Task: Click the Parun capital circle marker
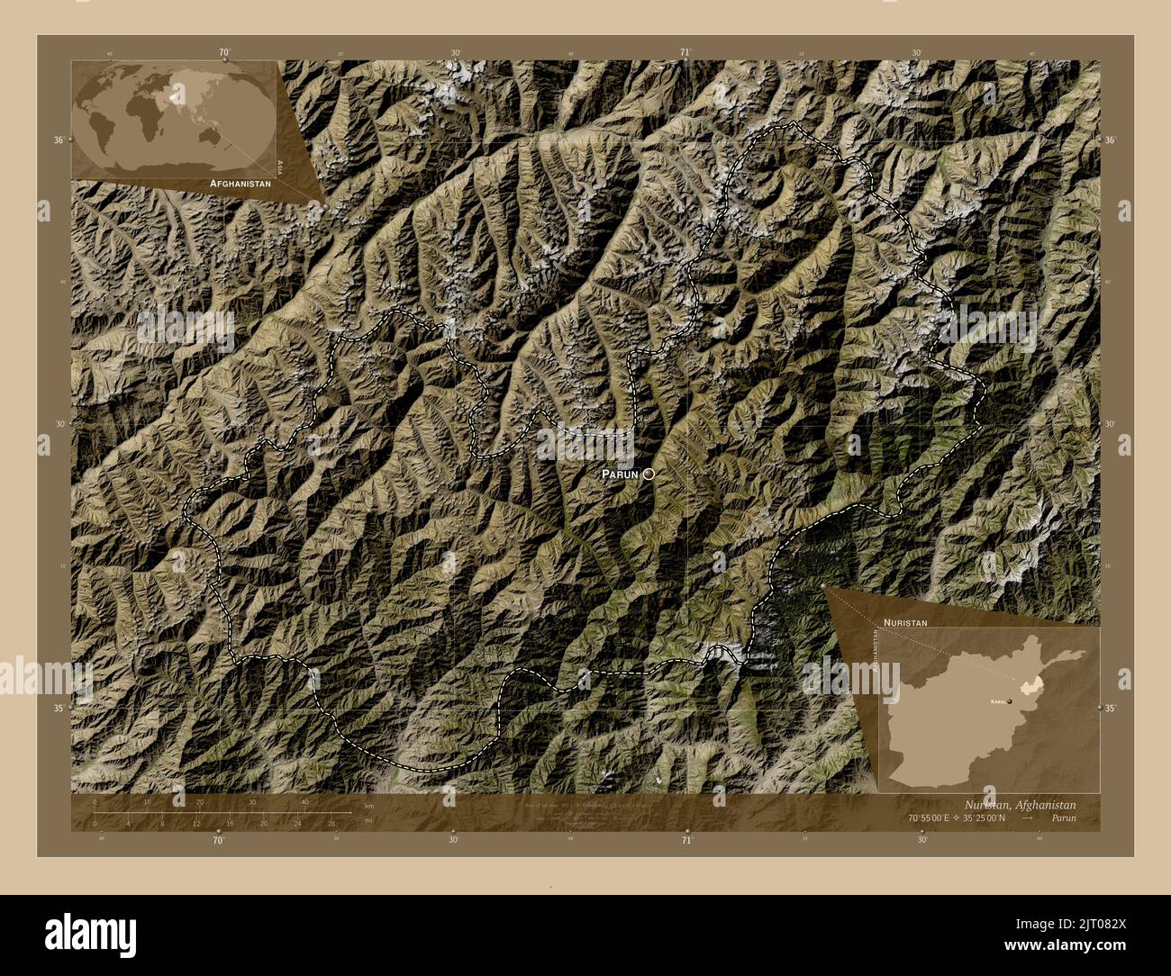pyautogui.click(x=648, y=474)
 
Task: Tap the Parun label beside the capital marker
pyautogui.click(x=620, y=474)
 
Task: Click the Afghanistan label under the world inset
pyautogui.click(x=240, y=183)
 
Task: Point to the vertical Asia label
pyautogui.click(x=280, y=167)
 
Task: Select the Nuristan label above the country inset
pyautogui.click(x=905, y=622)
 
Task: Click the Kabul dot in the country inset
pyautogui.click(x=1010, y=700)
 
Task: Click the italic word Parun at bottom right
pyautogui.click(x=1062, y=818)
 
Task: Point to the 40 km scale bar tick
pyautogui.click(x=305, y=812)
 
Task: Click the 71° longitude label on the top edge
pyautogui.click(x=686, y=52)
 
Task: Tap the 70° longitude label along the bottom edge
pyautogui.click(x=218, y=840)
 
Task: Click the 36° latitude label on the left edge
pyautogui.click(x=59, y=140)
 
